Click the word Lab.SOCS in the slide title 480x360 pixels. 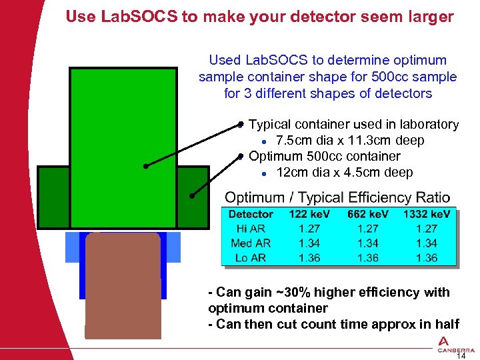coord(139,17)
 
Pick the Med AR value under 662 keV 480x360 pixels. coord(367,243)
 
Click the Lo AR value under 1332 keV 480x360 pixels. coord(426,258)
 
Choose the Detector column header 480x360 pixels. coord(251,215)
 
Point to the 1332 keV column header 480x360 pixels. coord(426,215)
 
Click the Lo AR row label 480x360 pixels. coord(251,258)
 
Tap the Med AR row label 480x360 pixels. coord(251,243)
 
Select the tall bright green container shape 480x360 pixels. coord(123,147)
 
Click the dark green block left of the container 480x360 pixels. coord(53,197)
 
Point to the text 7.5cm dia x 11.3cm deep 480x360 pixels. coord(350,141)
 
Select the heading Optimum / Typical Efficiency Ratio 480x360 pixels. coord(337,198)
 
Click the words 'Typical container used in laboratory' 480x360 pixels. coord(353,125)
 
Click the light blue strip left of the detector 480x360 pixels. coord(72,247)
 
